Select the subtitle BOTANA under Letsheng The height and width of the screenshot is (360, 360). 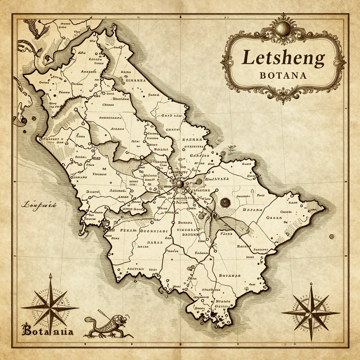pos(283,75)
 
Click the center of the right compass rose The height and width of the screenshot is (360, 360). pos(311,312)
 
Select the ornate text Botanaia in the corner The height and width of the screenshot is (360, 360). pos(47,331)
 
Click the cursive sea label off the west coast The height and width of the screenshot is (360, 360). pos(39,205)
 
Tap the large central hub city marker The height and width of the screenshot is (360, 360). pos(180,184)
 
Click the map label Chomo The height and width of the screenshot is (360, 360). pos(108,104)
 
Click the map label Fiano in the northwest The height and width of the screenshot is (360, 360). pos(64,92)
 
